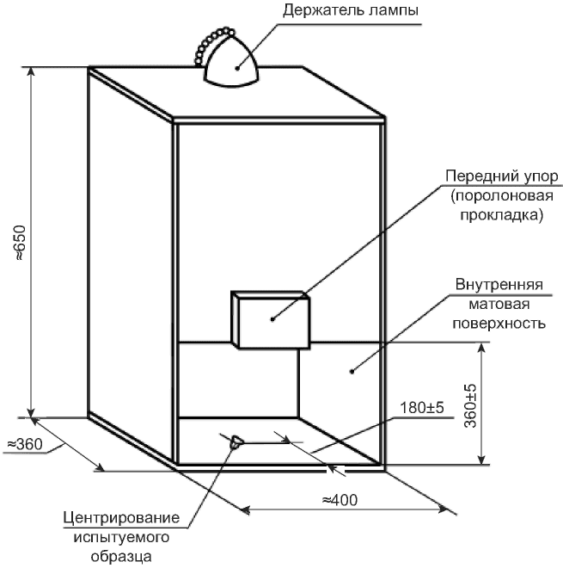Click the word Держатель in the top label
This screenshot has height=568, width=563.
coord(323,9)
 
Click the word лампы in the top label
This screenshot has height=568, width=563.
coord(394,10)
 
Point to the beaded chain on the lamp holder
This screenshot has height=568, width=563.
coord(212,44)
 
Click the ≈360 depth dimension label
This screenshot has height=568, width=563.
coord(25,444)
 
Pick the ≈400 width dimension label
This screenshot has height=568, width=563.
coord(340,500)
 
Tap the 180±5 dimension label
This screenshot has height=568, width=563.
coord(421,408)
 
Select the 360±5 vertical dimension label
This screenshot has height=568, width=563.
coord(470,405)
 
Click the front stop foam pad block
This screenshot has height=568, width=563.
coord(270,320)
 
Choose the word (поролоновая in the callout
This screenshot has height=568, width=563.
coord(502,196)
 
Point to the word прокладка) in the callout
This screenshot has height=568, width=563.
coord(501,215)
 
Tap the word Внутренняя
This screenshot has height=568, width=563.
coord(499,284)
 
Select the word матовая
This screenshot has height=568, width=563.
coord(499,304)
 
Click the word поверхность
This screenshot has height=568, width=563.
coord(499,323)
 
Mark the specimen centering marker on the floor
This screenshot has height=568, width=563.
coord(236,442)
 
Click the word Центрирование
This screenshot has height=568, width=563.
coord(121,518)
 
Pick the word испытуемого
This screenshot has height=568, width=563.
coord(121,537)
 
